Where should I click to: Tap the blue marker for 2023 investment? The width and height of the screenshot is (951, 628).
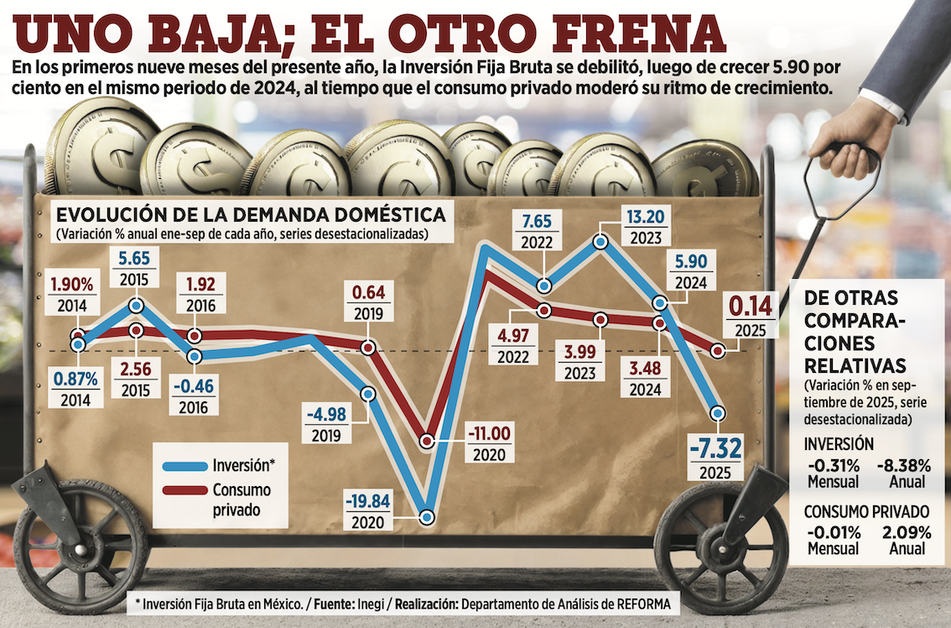pos(600,242)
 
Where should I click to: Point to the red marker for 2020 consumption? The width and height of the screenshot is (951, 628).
pos(427,441)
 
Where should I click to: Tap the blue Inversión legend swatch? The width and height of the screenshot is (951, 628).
pos(185,465)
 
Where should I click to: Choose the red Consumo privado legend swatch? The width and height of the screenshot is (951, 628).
pos(185,490)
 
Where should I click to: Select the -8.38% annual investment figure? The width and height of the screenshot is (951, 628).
pos(902,465)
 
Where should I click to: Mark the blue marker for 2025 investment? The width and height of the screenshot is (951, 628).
pos(717,413)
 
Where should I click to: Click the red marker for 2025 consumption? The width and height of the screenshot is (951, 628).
pos(717,350)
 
